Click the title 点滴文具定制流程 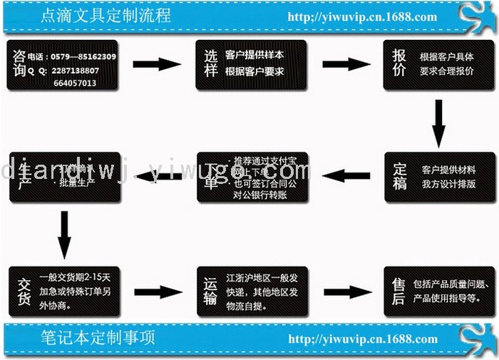point(107,15)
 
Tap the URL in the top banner point(361,16)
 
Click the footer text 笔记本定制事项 point(99,336)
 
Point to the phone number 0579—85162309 point(82,56)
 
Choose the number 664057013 point(75,83)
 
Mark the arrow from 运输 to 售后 point(347,292)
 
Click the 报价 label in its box point(399,63)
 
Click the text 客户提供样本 point(254,55)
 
